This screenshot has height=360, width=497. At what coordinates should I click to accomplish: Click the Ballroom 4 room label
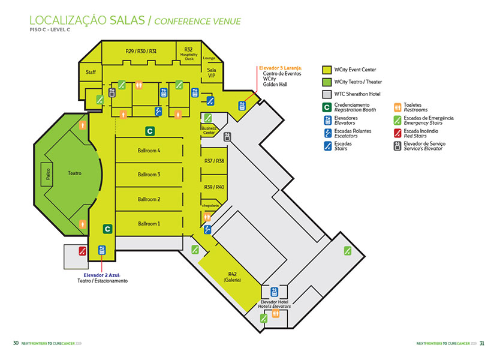149,151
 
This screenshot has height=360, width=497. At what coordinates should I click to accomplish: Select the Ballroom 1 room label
149,224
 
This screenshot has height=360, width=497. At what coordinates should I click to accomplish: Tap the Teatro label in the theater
74,173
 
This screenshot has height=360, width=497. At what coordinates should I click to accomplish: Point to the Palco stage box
47,173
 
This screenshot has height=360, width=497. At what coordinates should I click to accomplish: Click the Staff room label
91,72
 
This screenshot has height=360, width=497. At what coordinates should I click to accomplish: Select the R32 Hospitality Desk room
188,53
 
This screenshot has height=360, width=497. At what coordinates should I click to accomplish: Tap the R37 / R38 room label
214,161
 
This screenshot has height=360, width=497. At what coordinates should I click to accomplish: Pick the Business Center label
208,130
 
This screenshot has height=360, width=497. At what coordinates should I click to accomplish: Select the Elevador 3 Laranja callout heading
280,68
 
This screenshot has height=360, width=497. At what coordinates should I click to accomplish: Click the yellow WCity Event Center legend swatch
327,70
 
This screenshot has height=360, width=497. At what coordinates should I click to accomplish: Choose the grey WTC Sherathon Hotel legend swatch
327,94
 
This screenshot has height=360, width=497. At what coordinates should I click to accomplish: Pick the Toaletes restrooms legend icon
397,107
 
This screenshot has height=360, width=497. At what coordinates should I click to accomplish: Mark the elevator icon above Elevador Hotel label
274,292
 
